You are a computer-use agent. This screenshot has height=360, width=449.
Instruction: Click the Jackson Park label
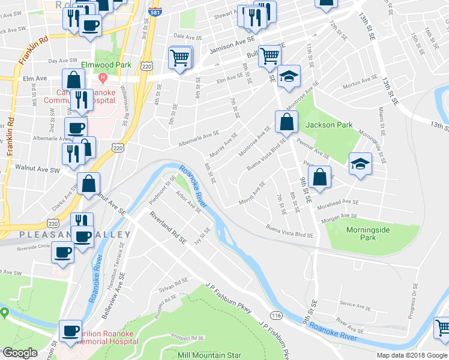click(328, 125)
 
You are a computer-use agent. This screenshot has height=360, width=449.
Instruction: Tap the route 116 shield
click(276, 315)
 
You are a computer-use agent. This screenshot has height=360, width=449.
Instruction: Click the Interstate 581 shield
click(154, 11)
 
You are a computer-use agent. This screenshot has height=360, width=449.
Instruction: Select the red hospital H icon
click(103, 77)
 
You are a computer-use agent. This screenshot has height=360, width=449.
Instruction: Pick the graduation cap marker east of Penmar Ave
click(360, 163)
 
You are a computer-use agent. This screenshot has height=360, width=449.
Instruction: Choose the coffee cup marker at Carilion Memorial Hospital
click(71, 331)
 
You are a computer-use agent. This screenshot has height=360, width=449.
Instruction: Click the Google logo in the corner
click(20, 352)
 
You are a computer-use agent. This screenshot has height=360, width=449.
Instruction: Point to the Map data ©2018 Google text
click(412, 355)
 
